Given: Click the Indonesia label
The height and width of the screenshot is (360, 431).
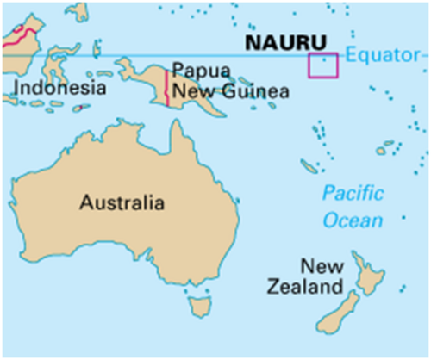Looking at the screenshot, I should (x=59, y=88).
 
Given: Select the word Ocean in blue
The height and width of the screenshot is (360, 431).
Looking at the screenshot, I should (x=353, y=220).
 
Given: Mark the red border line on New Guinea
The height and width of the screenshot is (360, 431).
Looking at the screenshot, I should (x=166, y=85).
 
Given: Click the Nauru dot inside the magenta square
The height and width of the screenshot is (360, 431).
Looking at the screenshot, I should (x=324, y=60).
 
